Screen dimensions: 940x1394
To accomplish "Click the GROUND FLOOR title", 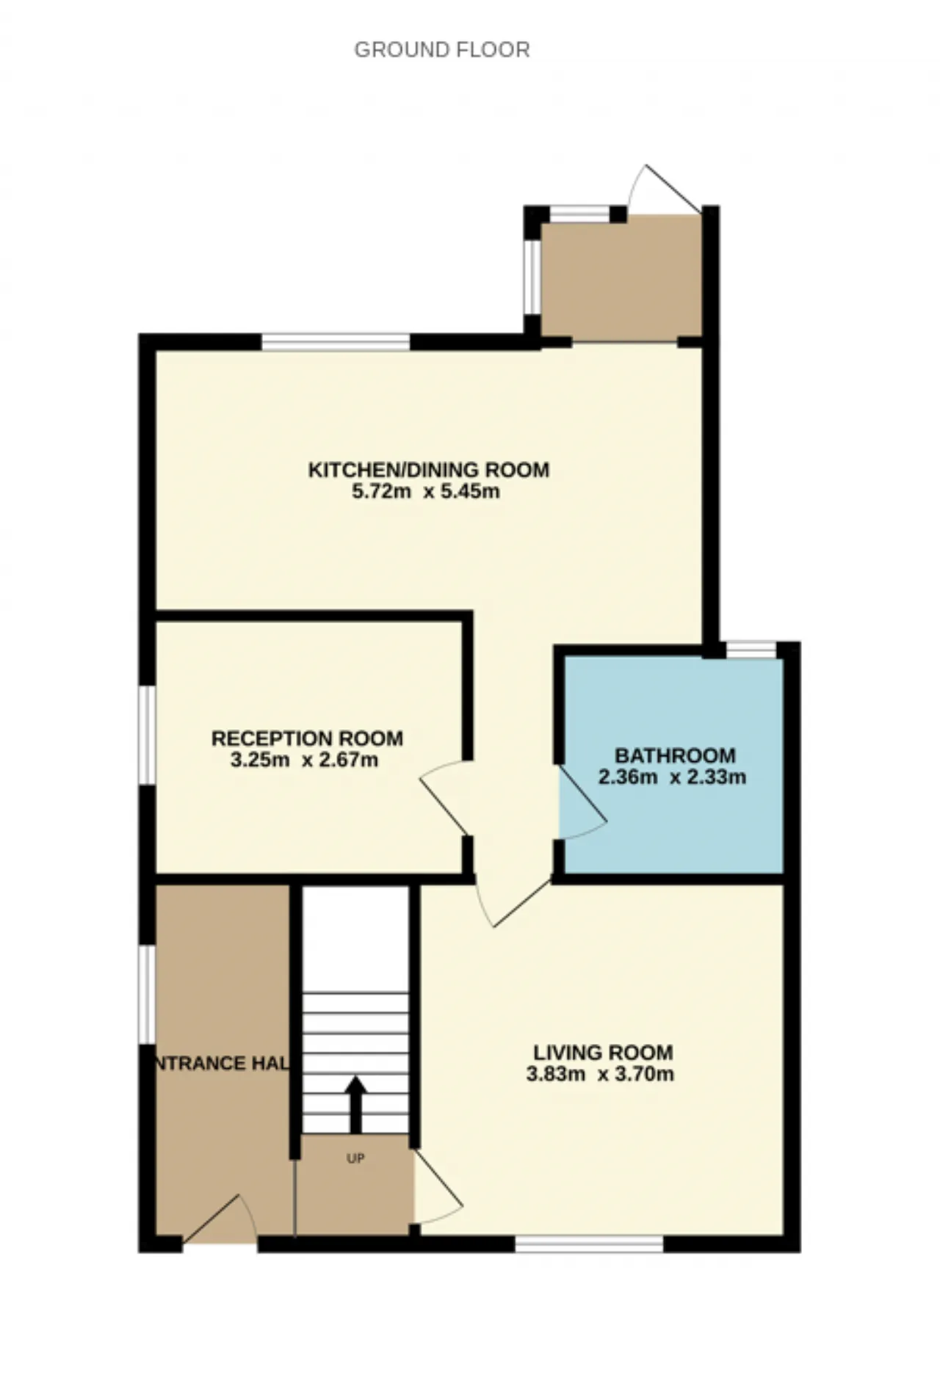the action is pyautogui.click(x=441, y=50).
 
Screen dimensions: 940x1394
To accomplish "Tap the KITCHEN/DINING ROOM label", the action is pyautogui.click(x=429, y=470).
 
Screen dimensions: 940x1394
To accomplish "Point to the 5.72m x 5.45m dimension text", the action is pyautogui.click(x=426, y=492).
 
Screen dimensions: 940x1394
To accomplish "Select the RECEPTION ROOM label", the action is pyautogui.click(x=307, y=738).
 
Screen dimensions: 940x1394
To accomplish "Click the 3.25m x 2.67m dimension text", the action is pyautogui.click(x=304, y=760).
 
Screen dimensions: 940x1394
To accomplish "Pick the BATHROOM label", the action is pyautogui.click(x=675, y=755).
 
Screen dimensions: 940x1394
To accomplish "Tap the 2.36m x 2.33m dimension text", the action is pyautogui.click(x=672, y=777).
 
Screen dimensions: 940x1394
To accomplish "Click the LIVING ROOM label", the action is pyautogui.click(x=603, y=1053).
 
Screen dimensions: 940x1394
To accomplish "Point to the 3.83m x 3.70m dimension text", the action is pyautogui.click(x=600, y=1074).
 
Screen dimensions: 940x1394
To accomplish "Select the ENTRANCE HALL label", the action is pyautogui.click(x=223, y=1063).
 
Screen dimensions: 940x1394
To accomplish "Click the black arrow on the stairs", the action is pyautogui.click(x=356, y=1105).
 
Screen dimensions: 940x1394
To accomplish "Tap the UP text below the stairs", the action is pyautogui.click(x=355, y=1159).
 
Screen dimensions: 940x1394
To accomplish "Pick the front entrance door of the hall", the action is pyautogui.click(x=219, y=1219).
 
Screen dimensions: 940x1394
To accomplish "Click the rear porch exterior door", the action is pyautogui.click(x=665, y=189).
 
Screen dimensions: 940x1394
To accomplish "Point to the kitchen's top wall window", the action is pyautogui.click(x=336, y=341).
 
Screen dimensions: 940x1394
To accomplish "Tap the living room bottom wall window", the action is pyautogui.click(x=589, y=1244).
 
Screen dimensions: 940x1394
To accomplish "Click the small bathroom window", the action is pyautogui.click(x=751, y=650).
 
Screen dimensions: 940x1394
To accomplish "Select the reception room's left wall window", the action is pyautogui.click(x=148, y=735).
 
